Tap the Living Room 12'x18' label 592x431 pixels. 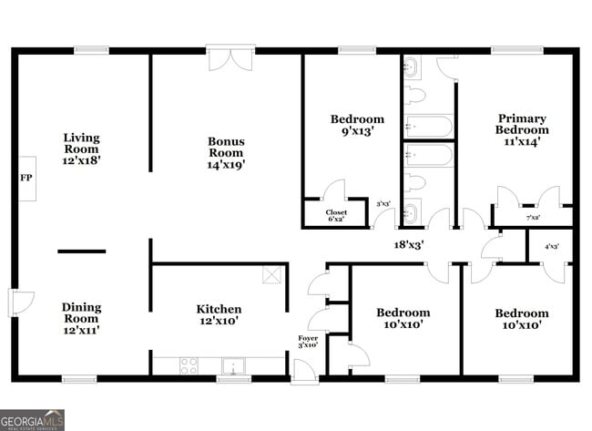pyautogui.click(x=81, y=149)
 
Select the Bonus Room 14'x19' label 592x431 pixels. pyautogui.click(x=226, y=152)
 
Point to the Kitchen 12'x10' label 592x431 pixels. pyautogui.click(x=219, y=315)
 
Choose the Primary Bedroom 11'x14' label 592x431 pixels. pyautogui.click(x=522, y=129)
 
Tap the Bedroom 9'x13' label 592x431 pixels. pyautogui.click(x=357, y=125)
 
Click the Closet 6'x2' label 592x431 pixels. pyautogui.click(x=336, y=215)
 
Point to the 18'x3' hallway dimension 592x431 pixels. pyautogui.click(x=408, y=244)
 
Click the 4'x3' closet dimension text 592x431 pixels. pyautogui.click(x=551, y=246)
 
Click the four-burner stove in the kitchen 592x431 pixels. pyautogui.click(x=189, y=365)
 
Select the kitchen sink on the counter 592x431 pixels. pyautogui.click(x=236, y=365)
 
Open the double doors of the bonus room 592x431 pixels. pyautogui.click(x=230, y=58)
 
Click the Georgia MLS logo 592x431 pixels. pyautogui.click(x=33, y=419)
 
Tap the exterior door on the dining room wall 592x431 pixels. pyautogui.click(x=20, y=303)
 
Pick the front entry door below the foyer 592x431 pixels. pyautogui.click(x=305, y=370)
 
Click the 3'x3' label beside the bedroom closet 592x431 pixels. pyautogui.click(x=383, y=204)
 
